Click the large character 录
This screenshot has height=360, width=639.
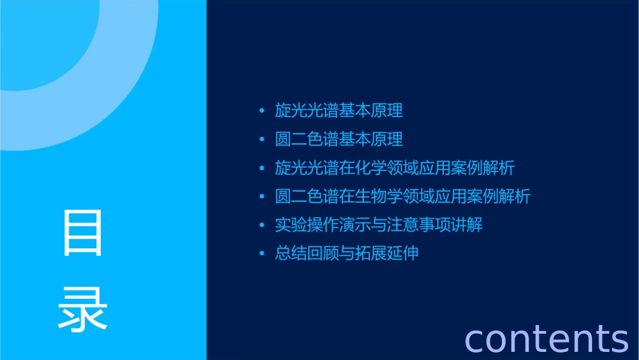83,309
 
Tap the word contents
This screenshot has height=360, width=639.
546,338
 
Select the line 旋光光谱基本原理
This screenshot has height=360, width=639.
339,110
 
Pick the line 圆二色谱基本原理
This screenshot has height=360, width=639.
339,139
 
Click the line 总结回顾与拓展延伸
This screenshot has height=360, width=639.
347,254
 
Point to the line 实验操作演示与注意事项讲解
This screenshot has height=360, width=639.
379,225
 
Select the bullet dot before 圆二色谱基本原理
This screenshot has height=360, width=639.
262,140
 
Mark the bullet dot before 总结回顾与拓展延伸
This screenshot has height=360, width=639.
262,254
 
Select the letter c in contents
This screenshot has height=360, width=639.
475,340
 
